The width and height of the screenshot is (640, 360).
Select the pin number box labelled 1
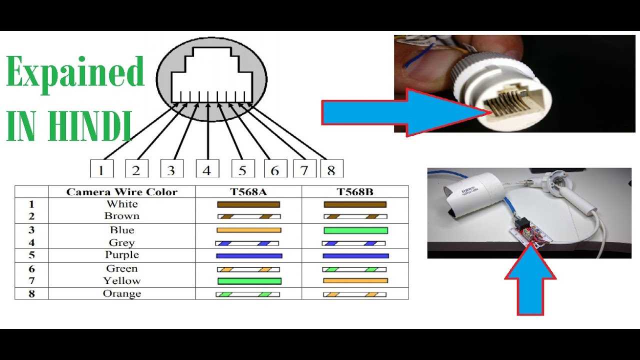101,169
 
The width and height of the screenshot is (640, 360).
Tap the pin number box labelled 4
207,169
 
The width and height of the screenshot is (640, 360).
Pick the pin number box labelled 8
331,169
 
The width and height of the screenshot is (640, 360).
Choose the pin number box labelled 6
274,169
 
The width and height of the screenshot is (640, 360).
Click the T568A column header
248,192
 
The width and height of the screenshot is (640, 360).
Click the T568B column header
355,192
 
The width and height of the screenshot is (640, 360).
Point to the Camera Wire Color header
122,192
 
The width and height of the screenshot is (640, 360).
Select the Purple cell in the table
122,255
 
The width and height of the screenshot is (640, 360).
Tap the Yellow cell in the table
122,281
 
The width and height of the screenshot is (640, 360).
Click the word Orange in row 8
122,293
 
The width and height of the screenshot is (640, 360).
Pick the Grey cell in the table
122,243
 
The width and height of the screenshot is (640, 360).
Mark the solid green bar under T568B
355,230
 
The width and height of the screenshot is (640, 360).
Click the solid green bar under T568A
249,281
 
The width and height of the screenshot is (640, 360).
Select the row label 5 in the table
31,255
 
